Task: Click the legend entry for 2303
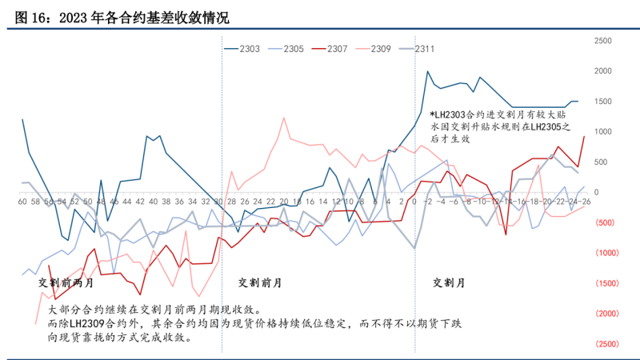pyautogui.click(x=249, y=50)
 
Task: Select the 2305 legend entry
pyautogui.click(x=294, y=50)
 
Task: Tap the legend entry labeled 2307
pyautogui.click(x=337, y=50)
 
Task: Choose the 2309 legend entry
pyautogui.click(x=381, y=50)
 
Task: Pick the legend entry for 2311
pyautogui.click(x=424, y=50)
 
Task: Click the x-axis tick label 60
pyautogui.click(x=22, y=202)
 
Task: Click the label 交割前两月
pyautogui.click(x=66, y=282)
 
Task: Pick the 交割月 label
pyautogui.click(x=448, y=282)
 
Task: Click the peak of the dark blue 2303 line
pyautogui.click(x=428, y=71)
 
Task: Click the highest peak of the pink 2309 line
pyautogui.click(x=284, y=118)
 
